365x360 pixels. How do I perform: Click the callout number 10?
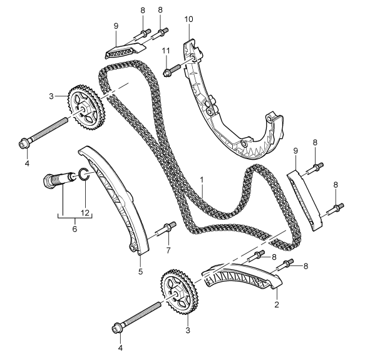[x=189, y=19]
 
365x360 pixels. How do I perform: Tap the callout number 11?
[x=166, y=51]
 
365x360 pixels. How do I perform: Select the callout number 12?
[x=85, y=212]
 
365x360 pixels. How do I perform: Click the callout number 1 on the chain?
[x=202, y=180]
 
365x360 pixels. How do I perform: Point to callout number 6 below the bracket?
[x=75, y=229]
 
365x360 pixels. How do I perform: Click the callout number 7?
[x=168, y=250]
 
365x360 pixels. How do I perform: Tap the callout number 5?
[x=140, y=271]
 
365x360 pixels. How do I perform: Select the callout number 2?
[x=277, y=304]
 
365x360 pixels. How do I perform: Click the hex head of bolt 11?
[x=168, y=72]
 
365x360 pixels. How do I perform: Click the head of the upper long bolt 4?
[x=24, y=143]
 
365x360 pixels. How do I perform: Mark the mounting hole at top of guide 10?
[x=193, y=58]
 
